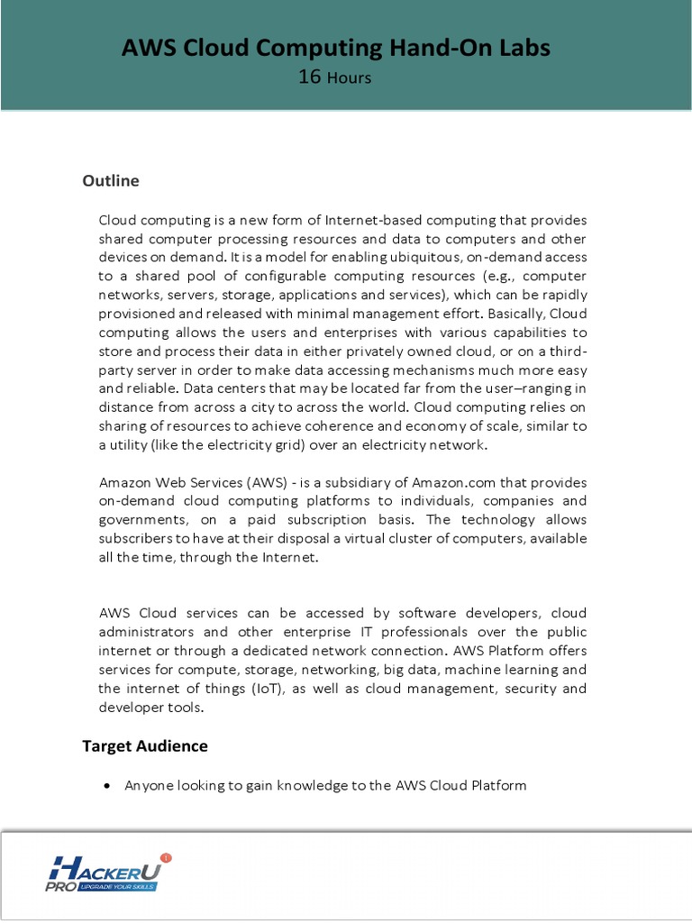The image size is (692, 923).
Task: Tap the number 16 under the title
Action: tap(309, 77)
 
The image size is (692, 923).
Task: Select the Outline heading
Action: tap(111, 180)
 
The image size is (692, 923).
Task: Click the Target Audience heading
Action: tap(145, 745)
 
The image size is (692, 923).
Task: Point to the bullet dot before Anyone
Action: tap(106, 786)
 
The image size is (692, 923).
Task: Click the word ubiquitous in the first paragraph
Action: tap(417, 258)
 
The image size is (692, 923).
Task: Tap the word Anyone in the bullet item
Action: tap(147, 786)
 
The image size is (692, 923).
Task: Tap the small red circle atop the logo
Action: tap(165, 857)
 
